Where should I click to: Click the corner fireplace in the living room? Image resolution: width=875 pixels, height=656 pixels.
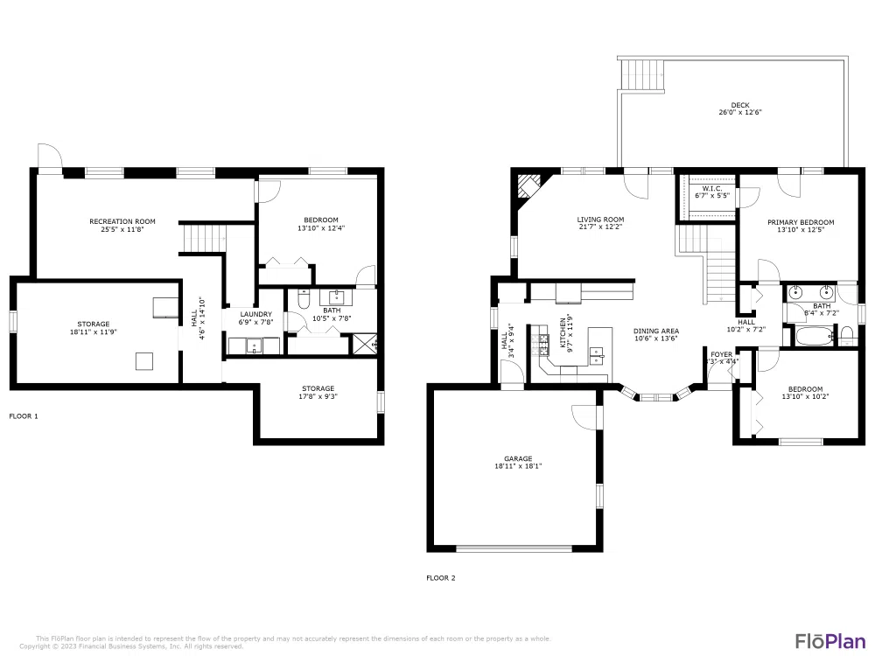tap(528, 187)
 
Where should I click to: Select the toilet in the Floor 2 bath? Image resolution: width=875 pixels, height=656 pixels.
tap(846, 334)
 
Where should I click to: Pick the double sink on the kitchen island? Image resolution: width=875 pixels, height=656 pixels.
tap(598, 354)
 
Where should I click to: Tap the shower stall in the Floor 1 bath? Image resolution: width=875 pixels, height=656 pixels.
tap(363, 343)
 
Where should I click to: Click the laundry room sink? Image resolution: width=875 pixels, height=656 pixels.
tap(255, 345)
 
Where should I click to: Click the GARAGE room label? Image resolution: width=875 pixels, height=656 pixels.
tap(518, 458)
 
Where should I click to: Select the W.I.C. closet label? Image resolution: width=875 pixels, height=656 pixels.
tap(706, 188)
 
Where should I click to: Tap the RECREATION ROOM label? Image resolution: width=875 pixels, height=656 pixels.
tap(122, 221)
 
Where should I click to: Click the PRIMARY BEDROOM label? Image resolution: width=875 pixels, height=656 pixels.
tap(801, 222)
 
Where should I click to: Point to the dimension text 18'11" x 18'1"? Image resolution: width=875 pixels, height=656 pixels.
tap(518, 466)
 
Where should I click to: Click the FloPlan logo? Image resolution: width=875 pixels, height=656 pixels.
tap(830, 640)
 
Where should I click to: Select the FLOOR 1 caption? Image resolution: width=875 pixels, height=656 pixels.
tap(24, 416)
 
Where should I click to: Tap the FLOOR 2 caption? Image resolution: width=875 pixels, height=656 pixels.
tap(441, 577)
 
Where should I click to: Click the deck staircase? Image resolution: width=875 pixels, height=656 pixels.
tap(637, 76)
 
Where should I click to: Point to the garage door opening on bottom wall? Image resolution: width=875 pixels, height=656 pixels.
tap(514, 549)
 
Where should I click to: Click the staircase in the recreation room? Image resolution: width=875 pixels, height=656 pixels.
tap(203, 237)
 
